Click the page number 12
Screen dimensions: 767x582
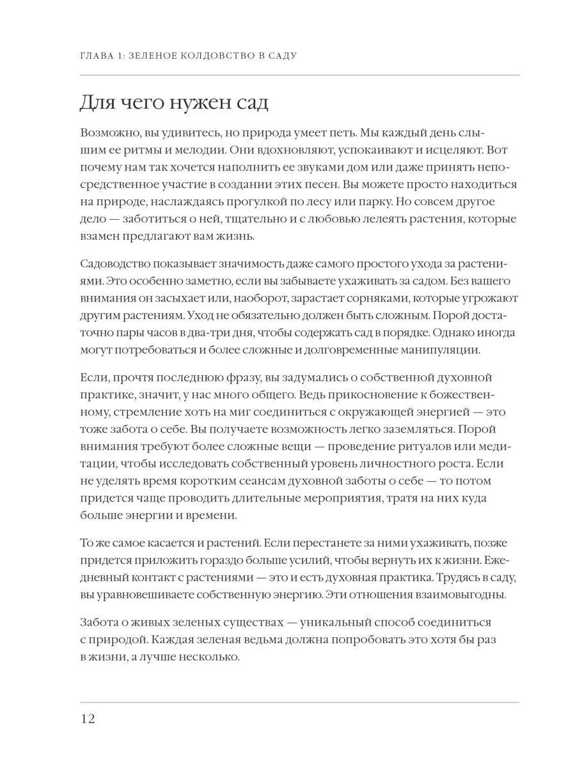(88, 719)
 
